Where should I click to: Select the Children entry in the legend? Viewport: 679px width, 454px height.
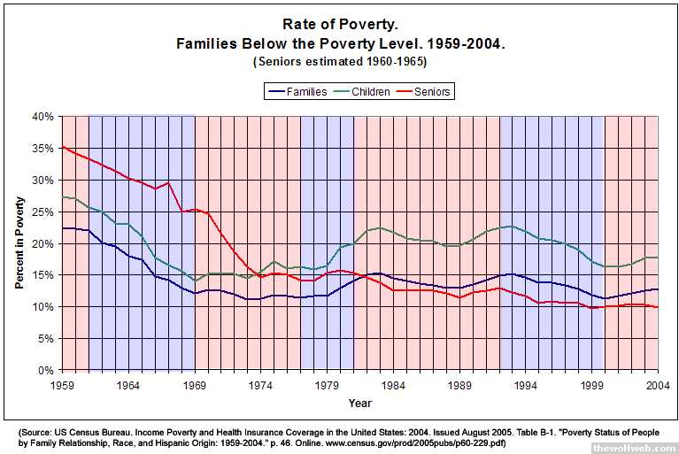(371, 92)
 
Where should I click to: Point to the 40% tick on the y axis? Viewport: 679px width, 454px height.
(42, 116)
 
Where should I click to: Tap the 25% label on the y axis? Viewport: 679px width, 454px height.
(42, 212)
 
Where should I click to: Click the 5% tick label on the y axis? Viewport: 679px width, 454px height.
(45, 338)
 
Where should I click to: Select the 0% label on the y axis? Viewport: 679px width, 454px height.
(45, 370)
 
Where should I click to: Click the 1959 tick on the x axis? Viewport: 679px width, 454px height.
(62, 385)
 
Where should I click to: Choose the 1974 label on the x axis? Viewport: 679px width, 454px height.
(260, 385)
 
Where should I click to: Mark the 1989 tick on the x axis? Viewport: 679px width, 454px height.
(459, 385)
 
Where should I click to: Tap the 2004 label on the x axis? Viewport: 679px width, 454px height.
(658, 385)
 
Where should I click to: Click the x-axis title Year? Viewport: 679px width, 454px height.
(359, 403)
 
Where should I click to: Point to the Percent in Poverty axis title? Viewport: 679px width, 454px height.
(19, 243)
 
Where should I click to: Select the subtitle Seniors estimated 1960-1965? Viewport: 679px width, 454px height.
(341, 62)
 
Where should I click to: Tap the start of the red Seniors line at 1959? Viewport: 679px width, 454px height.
(62, 147)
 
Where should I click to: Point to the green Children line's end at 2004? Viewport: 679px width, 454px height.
(658, 258)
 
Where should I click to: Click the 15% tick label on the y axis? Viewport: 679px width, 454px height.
(42, 275)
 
